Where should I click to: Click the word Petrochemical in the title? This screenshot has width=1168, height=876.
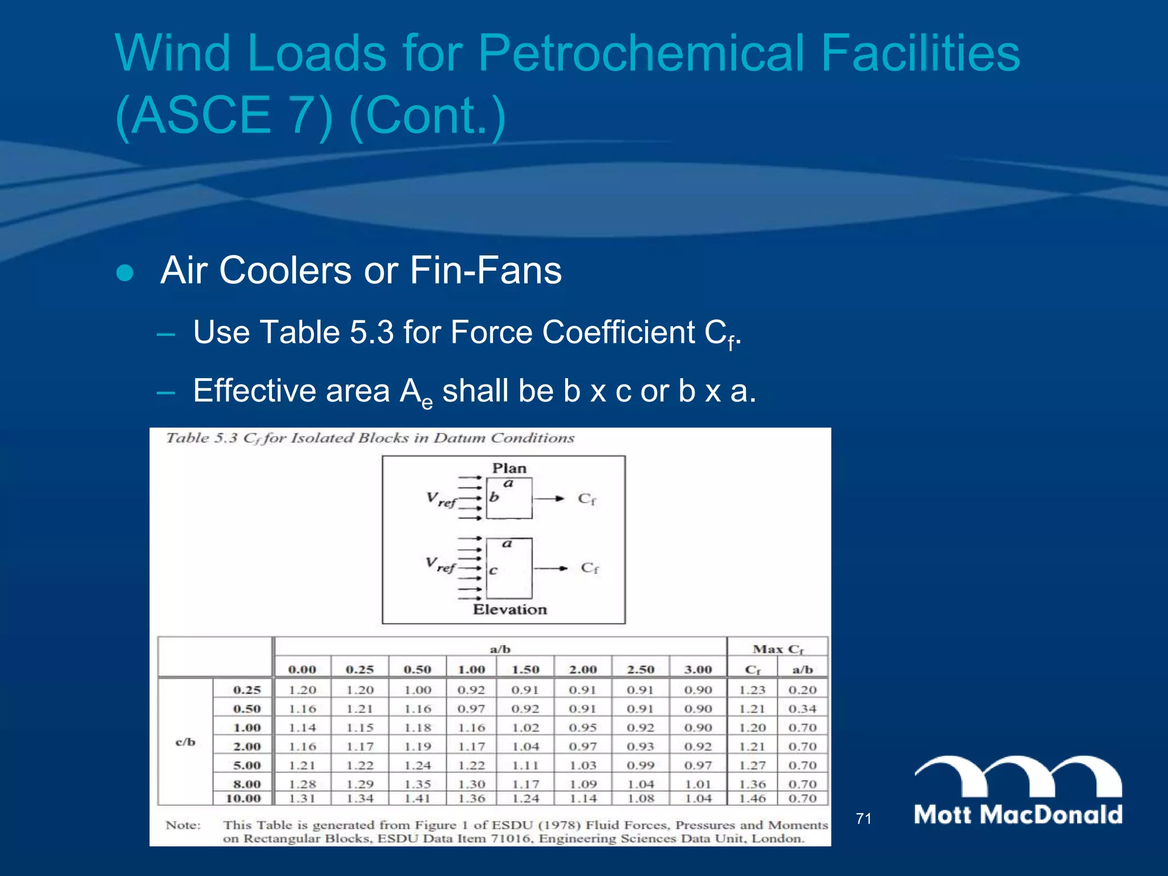click(642, 52)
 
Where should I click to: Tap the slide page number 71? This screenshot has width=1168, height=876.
click(863, 819)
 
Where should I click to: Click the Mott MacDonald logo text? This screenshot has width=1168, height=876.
click(1018, 814)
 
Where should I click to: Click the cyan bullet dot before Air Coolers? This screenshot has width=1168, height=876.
click(125, 273)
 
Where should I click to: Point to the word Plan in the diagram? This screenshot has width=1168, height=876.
click(509, 468)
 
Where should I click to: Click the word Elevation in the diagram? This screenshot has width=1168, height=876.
click(510, 610)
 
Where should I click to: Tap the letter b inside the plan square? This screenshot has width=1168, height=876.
click(494, 497)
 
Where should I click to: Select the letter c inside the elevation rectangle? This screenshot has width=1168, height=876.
click(493, 570)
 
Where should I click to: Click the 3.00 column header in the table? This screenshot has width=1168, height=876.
click(698, 669)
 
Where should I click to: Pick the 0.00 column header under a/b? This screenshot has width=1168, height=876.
click(302, 669)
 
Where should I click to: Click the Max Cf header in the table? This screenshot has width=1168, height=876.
click(778, 649)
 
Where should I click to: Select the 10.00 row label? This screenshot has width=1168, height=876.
click(244, 798)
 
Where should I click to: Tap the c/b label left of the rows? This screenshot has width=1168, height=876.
click(185, 742)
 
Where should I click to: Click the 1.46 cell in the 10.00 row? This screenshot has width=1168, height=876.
click(752, 798)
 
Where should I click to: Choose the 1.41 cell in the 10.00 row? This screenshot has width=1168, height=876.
click(417, 798)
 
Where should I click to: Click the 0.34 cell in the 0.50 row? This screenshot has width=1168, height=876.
click(802, 709)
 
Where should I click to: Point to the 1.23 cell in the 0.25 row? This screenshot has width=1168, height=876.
click(752, 690)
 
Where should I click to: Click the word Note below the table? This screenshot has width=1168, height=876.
click(183, 825)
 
